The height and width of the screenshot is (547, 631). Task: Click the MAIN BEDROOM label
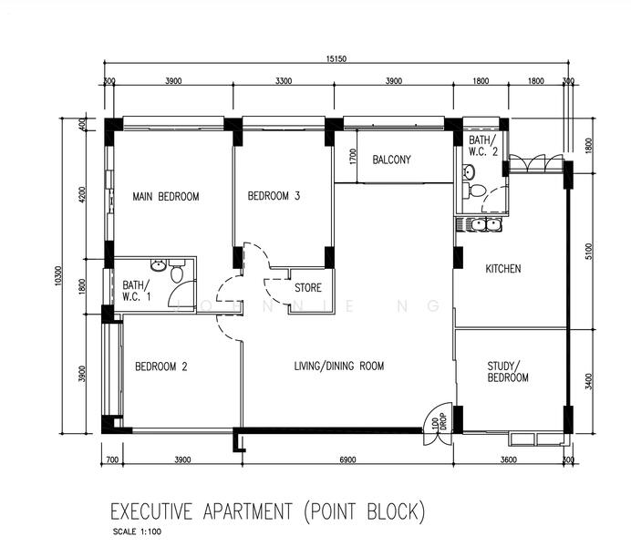tap(165, 196)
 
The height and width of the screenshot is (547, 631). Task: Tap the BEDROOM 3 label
tap(274, 196)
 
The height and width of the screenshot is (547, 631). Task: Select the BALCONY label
tap(391, 160)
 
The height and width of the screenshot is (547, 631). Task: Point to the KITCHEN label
tap(502, 269)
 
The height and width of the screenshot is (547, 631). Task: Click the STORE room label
tap(307, 288)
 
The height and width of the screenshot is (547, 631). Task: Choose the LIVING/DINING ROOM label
tap(338, 366)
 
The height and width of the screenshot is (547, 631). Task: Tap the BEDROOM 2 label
tap(160, 367)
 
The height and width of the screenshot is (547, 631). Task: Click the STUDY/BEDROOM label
tap(508, 371)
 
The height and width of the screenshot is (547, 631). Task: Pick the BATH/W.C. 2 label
tap(483, 146)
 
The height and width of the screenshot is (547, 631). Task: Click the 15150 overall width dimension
tap(336, 59)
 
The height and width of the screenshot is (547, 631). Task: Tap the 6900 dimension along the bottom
tap(347, 460)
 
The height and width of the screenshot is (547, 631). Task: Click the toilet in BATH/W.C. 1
tap(177, 272)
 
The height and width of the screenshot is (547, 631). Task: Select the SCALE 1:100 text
tap(139, 532)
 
